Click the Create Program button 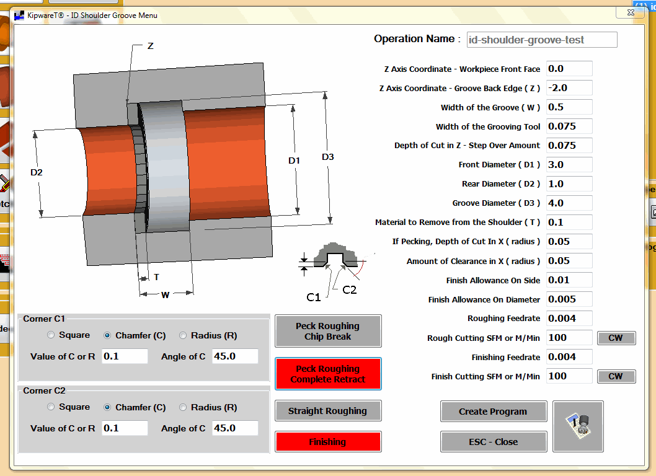point(493,412)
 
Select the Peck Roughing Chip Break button point(327,331)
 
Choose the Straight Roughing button point(327,411)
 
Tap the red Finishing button point(327,442)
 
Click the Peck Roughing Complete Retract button point(327,374)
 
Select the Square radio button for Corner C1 point(51,335)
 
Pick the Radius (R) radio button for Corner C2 point(183,407)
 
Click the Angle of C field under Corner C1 point(234,356)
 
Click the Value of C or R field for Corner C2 point(125,428)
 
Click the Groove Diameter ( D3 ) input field point(569,203)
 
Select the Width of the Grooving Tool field point(569,126)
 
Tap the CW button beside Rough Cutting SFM point(616,338)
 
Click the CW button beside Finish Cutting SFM point(616,376)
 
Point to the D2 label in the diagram point(37,172)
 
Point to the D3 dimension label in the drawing point(328,157)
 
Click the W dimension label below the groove point(165,295)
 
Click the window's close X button point(624,12)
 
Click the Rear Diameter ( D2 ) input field point(569,184)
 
